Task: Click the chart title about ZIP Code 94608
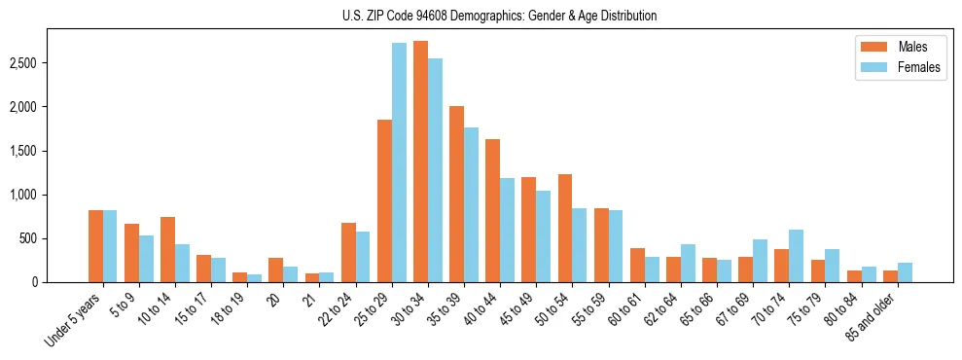pyautogui.click(x=499, y=16)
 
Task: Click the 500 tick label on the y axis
pyautogui.click(x=29, y=238)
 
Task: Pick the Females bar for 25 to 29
pyautogui.click(x=399, y=162)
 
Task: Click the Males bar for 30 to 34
pyautogui.click(x=420, y=162)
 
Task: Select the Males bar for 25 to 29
pyautogui.click(x=384, y=200)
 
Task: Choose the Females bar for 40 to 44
pyautogui.click(x=507, y=230)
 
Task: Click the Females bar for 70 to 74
pyautogui.click(x=796, y=256)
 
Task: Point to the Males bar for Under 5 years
pyautogui.click(x=95, y=246)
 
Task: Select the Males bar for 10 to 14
pyautogui.click(x=167, y=249)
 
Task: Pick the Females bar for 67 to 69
pyautogui.click(x=760, y=261)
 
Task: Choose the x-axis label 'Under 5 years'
pyautogui.click(x=74, y=318)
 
